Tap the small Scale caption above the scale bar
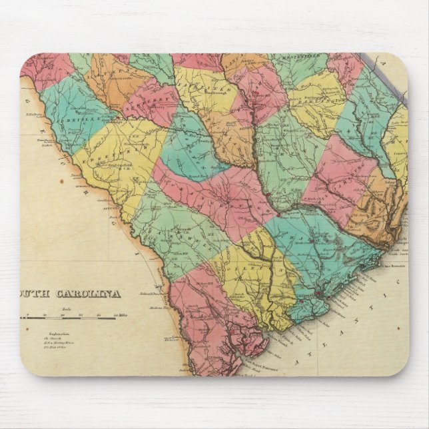(66, 308)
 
